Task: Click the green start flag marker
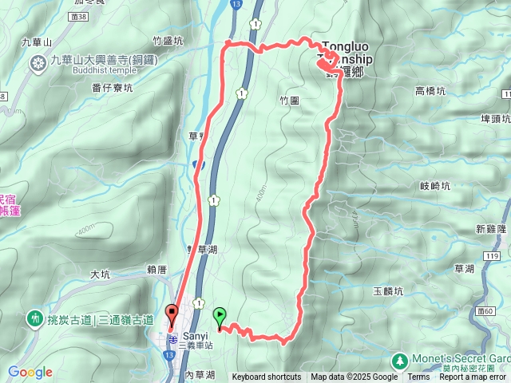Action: click(220, 315)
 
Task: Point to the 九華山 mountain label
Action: click(36, 41)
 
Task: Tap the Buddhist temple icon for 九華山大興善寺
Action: click(38, 63)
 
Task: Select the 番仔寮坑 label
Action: click(112, 88)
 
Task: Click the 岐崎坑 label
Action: click(435, 185)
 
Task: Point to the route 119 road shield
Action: click(492, 255)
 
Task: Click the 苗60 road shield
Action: click(483, 310)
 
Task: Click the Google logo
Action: click(30, 372)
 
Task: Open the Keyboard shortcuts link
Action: click(267, 377)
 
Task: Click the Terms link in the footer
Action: click(418, 377)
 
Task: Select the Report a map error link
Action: click(474, 377)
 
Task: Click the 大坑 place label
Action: click(100, 274)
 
